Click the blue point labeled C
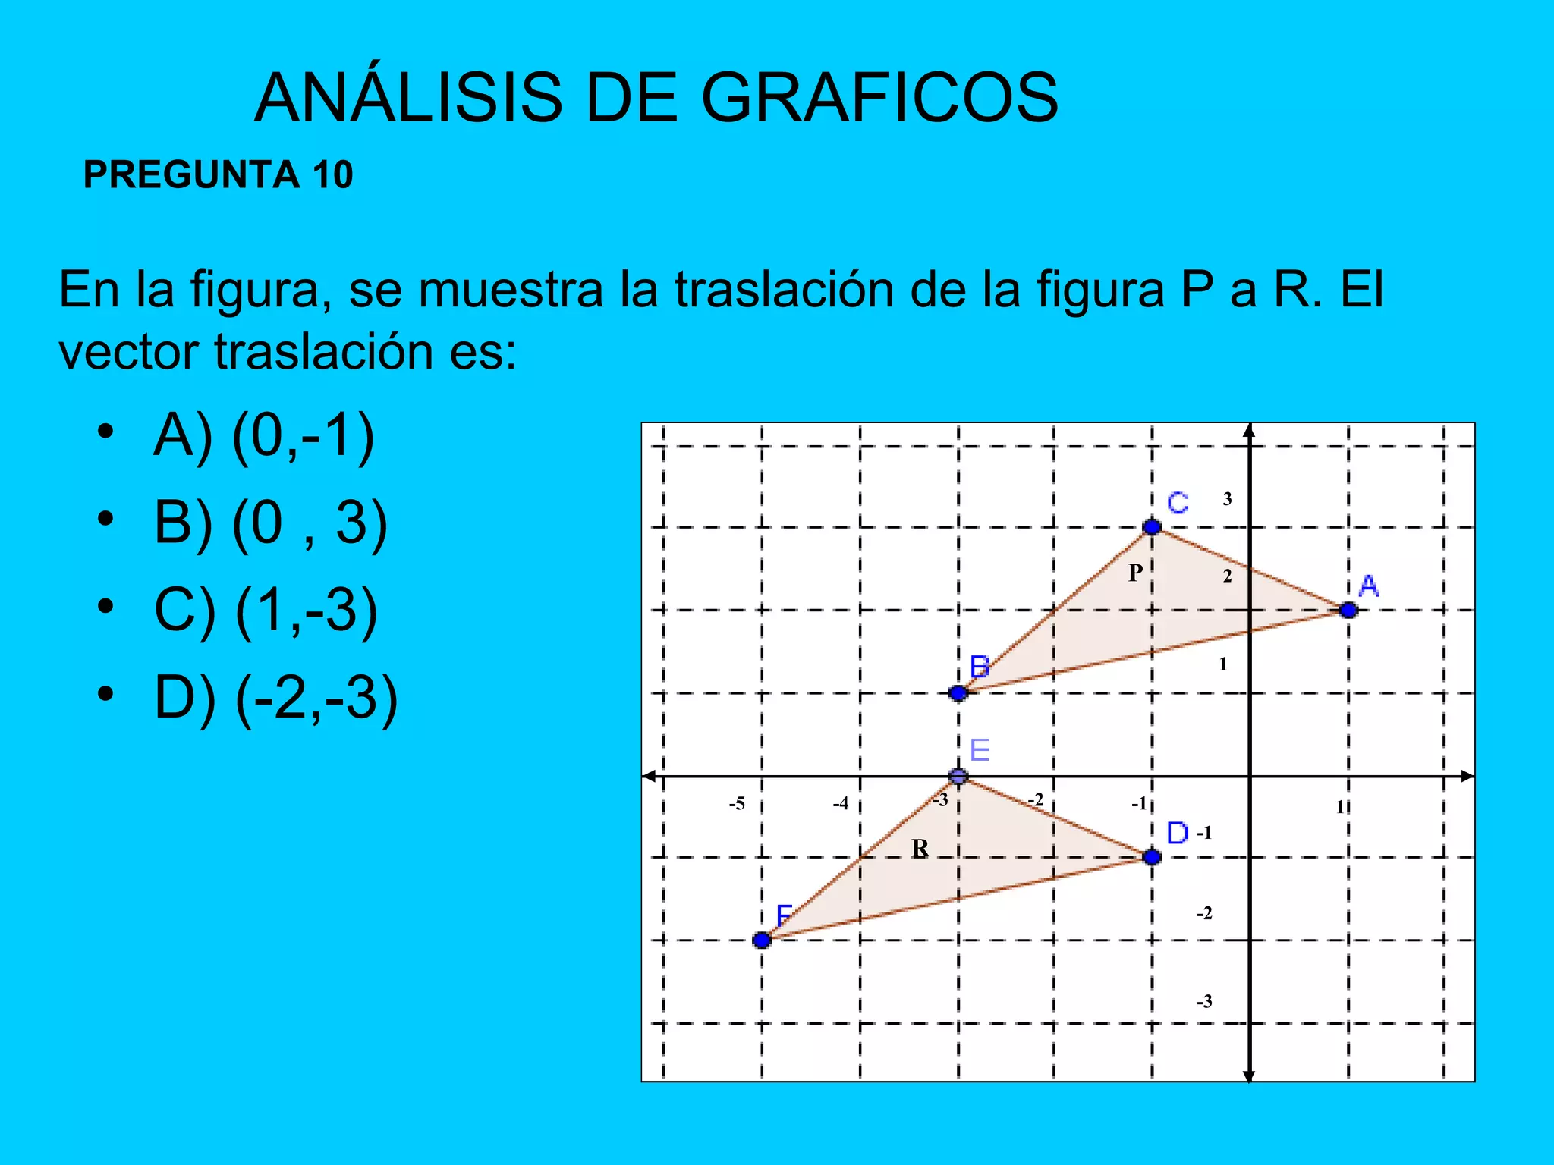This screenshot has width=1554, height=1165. tap(1152, 526)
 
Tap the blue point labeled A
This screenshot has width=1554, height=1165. tap(1348, 610)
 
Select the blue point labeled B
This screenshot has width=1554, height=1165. tap(958, 692)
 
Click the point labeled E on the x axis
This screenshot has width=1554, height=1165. tap(958, 776)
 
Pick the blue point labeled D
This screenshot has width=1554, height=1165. tap(1152, 857)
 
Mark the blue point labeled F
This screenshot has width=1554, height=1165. tap(762, 940)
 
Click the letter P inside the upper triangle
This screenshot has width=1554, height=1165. tap(1135, 573)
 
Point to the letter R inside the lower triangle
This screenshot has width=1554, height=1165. tap(920, 848)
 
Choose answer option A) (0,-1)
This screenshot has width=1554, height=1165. tap(263, 436)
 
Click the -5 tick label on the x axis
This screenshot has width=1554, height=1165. tap(737, 804)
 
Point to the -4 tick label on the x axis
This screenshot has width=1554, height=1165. tap(840, 804)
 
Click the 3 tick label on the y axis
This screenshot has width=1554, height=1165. tap(1227, 499)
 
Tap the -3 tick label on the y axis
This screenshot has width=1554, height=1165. tap(1204, 1002)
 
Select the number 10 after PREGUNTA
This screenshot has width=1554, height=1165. tap(332, 174)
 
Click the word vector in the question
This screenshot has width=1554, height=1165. tap(129, 352)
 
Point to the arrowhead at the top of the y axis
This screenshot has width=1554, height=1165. tap(1249, 431)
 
